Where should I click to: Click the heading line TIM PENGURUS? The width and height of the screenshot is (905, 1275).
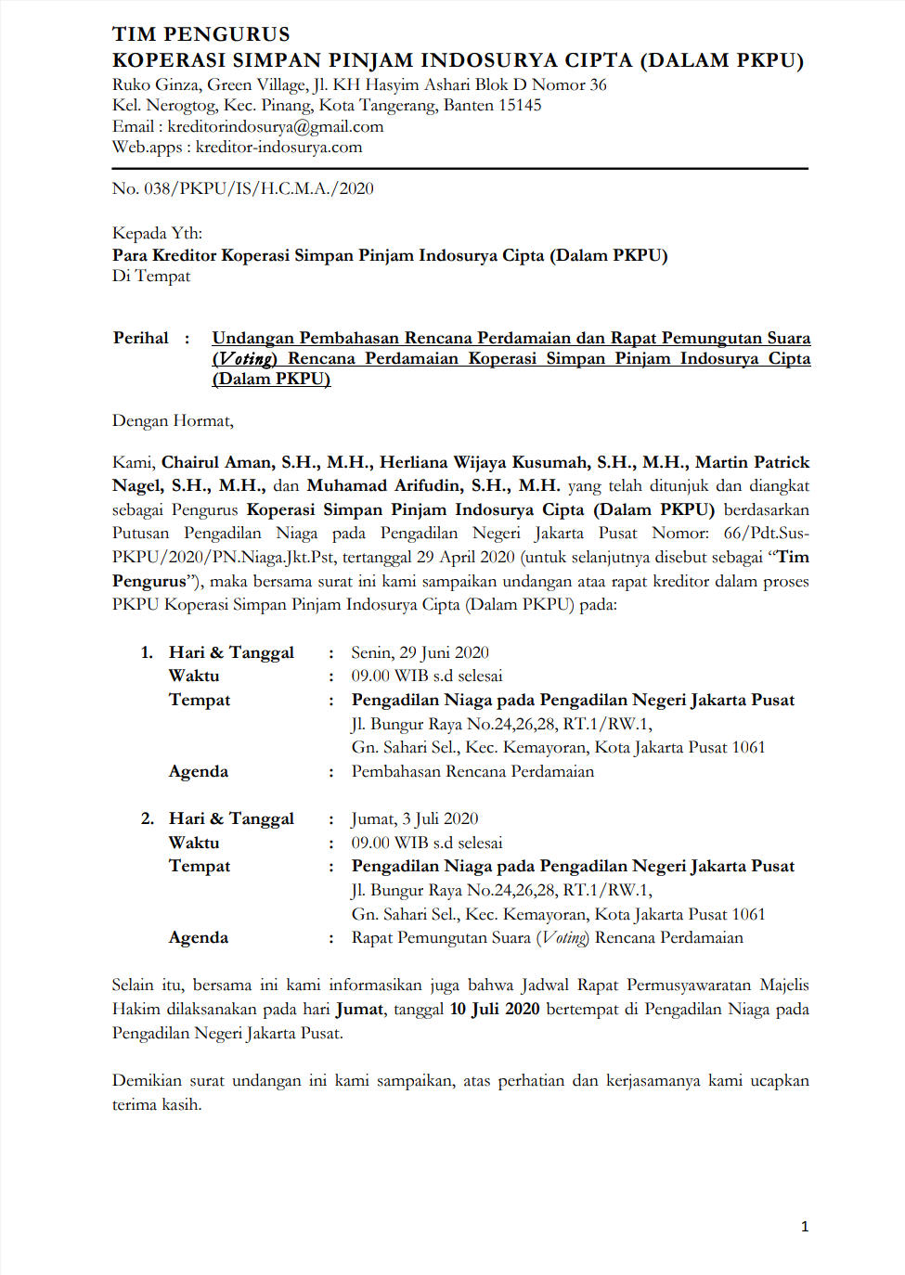click(x=201, y=34)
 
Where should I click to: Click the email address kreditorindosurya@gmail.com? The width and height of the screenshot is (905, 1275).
click(x=276, y=126)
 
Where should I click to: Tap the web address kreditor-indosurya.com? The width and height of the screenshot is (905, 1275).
click(x=278, y=147)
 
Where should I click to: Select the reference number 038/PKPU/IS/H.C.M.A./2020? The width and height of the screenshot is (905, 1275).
click(x=258, y=188)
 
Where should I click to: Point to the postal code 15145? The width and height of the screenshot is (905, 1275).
click(x=520, y=105)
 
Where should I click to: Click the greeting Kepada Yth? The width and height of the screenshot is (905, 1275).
click(x=157, y=233)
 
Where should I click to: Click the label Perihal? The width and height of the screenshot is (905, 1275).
click(x=141, y=338)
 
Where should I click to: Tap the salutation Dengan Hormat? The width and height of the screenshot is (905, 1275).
click(x=173, y=420)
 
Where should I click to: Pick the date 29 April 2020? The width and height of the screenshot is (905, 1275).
click(x=465, y=557)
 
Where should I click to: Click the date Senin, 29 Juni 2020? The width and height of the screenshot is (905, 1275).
click(x=420, y=652)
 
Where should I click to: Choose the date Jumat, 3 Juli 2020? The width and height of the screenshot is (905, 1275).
click(x=415, y=818)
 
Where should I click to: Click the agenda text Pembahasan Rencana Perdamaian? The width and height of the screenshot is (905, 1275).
click(x=472, y=771)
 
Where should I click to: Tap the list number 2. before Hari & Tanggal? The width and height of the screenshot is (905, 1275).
click(x=148, y=818)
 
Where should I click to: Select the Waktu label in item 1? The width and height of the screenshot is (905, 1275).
click(x=194, y=676)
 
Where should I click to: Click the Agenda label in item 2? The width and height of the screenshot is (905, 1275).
click(x=199, y=937)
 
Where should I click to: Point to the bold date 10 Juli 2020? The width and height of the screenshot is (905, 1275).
click(x=495, y=1009)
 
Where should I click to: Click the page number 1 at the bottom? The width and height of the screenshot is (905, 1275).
click(x=805, y=1227)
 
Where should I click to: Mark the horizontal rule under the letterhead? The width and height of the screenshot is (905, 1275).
click(x=459, y=169)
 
